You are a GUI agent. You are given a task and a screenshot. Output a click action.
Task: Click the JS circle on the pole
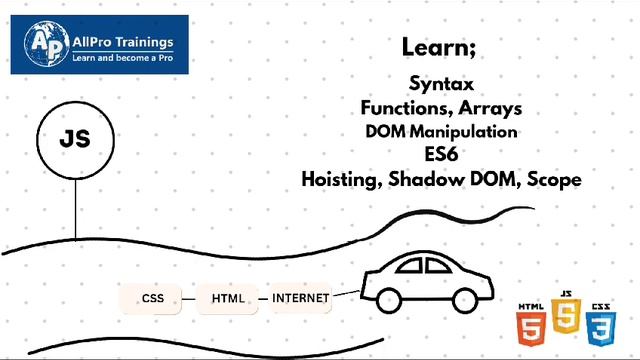pyautogui.click(x=75, y=140)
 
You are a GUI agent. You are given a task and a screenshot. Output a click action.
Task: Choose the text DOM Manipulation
pyautogui.click(x=441, y=131)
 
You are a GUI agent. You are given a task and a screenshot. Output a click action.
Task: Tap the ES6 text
pyautogui.click(x=441, y=154)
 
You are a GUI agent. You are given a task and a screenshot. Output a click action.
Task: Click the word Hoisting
pyautogui.click(x=343, y=179)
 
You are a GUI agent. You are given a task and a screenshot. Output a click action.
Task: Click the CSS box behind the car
pyautogui.click(x=152, y=298)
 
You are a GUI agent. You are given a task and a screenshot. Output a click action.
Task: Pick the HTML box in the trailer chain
pyautogui.click(x=228, y=298)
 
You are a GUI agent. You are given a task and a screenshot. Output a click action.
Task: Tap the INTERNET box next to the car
pyautogui.click(x=300, y=298)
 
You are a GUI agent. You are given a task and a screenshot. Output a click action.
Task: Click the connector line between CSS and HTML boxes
pyautogui.click(x=190, y=298)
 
